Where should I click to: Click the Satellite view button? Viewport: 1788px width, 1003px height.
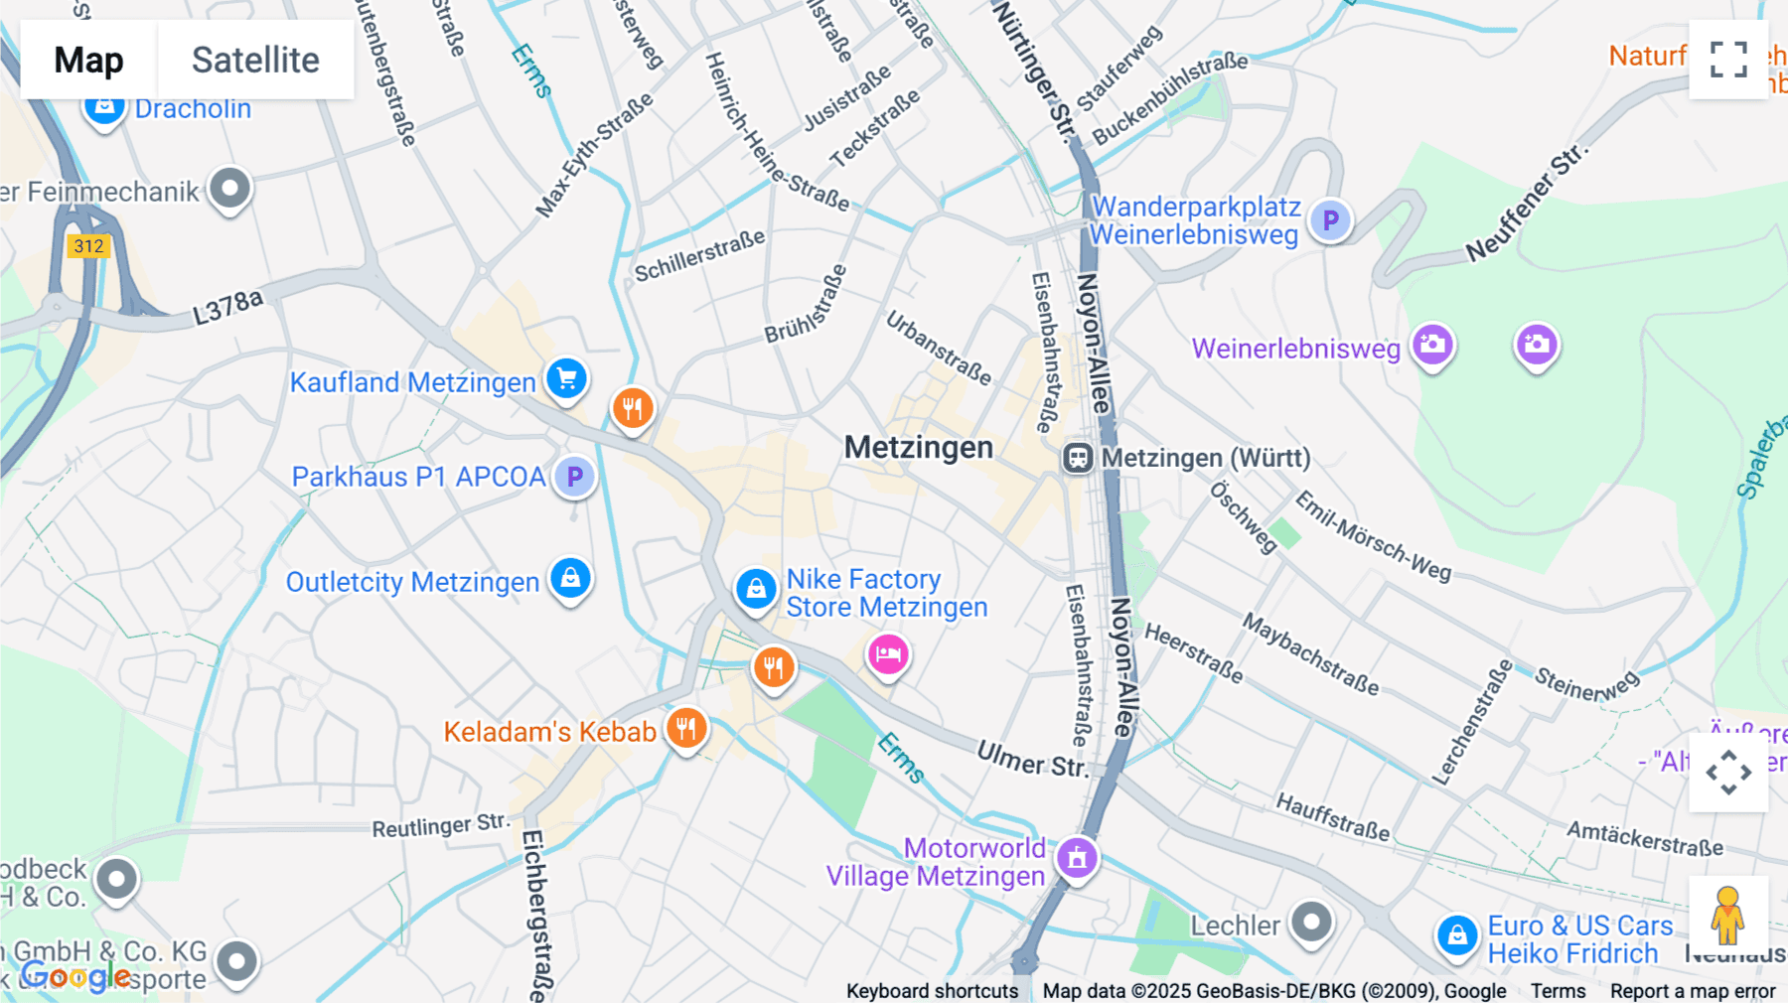pyautogui.click(x=255, y=61)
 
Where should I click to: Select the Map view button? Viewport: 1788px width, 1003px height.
pyautogui.click(x=88, y=61)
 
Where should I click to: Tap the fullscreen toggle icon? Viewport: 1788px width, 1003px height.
pyautogui.click(x=1728, y=60)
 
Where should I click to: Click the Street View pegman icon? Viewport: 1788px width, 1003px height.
pyautogui.click(x=1727, y=915)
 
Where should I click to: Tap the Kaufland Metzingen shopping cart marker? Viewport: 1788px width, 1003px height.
pyautogui.click(x=566, y=378)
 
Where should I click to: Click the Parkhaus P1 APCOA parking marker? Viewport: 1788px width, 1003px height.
pyautogui.click(x=574, y=477)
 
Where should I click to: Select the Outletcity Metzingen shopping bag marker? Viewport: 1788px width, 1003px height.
pyautogui.click(x=570, y=578)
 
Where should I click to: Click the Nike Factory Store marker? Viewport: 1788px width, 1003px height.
pyautogui.click(x=755, y=588)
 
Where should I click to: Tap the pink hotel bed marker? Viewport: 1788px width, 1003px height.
pyautogui.click(x=888, y=654)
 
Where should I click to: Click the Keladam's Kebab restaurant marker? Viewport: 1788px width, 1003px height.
pyautogui.click(x=685, y=728)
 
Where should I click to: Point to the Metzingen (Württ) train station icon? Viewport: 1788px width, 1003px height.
pyautogui.click(x=1078, y=458)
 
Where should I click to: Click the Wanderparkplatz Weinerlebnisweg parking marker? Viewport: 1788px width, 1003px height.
pyautogui.click(x=1330, y=220)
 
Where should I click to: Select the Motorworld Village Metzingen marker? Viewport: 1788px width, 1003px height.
pyautogui.click(x=1077, y=857)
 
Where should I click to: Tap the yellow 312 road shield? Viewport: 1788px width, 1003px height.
pyautogui.click(x=88, y=246)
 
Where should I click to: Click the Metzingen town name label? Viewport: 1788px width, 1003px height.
pyautogui.click(x=918, y=448)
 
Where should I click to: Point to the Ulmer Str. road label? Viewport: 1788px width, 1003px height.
pyautogui.click(x=1032, y=760)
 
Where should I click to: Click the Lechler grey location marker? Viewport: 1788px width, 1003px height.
pyautogui.click(x=1311, y=922)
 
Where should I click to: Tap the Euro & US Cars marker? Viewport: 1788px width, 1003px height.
pyautogui.click(x=1457, y=935)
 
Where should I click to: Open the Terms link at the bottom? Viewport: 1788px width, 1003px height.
pyautogui.click(x=1558, y=991)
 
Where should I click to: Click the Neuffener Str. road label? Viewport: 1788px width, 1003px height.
pyautogui.click(x=1527, y=204)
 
